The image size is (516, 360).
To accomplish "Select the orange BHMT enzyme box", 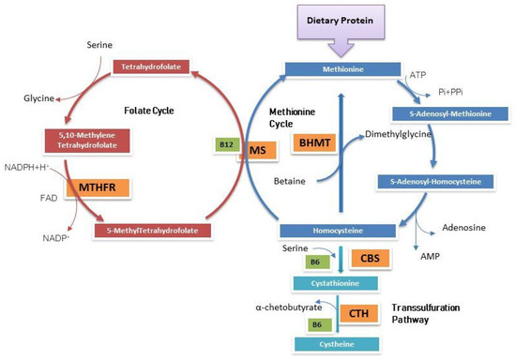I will point(311,143).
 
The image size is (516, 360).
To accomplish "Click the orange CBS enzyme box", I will point(366,256).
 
